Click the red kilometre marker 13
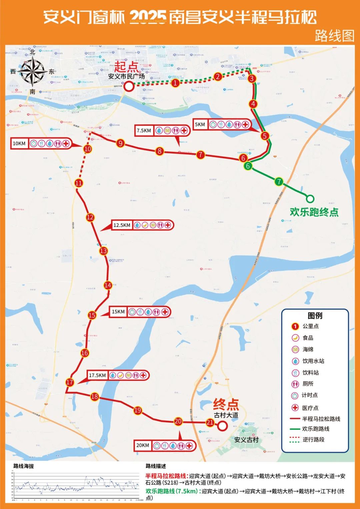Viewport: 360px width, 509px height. [x=103, y=251]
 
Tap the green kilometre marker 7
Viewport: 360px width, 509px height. [x=279, y=182]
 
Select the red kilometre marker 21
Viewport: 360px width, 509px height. [x=210, y=423]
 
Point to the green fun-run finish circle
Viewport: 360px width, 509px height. [x=310, y=199]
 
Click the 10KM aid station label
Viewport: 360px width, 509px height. [x=19, y=144]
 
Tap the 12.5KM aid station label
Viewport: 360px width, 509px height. [x=122, y=225]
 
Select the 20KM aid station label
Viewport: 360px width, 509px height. [x=143, y=445]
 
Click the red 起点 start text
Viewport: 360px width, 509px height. [x=126, y=67]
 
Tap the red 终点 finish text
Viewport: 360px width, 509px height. [x=226, y=405]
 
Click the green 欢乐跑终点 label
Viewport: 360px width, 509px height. [x=314, y=212]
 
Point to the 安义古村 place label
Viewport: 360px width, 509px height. [x=246, y=440]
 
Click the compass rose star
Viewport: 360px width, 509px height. [x=32, y=71]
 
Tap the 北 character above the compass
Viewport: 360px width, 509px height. [x=32, y=52]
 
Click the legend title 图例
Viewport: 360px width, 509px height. [x=315, y=315]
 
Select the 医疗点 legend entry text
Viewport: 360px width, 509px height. [x=310, y=408]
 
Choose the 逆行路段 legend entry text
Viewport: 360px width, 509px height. [x=313, y=440]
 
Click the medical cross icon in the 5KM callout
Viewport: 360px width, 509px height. [x=245, y=125]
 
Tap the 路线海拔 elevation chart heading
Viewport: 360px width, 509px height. [x=24, y=466]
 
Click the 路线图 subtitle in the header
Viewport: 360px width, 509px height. [x=334, y=36]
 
